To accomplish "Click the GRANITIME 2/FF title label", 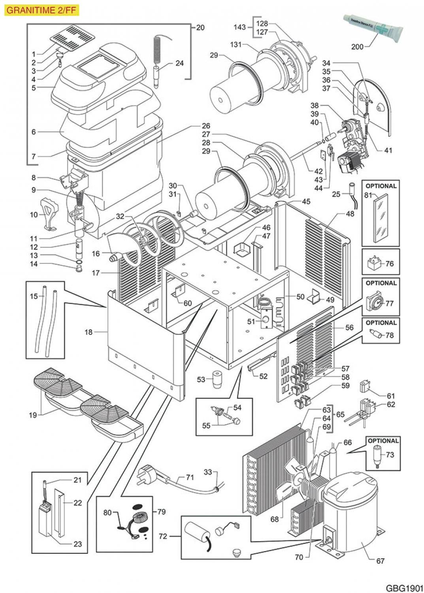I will [x=41, y=10].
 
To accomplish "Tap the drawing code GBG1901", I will [x=404, y=587].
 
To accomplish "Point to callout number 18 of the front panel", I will [x=89, y=332].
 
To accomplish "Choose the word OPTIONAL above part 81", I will [x=381, y=186].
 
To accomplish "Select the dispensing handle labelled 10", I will [x=49, y=214].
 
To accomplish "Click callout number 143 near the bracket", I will [x=239, y=27].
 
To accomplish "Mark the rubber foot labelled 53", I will [x=216, y=380].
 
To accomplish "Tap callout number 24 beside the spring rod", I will [x=179, y=63].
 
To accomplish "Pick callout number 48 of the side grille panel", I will [x=350, y=214].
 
